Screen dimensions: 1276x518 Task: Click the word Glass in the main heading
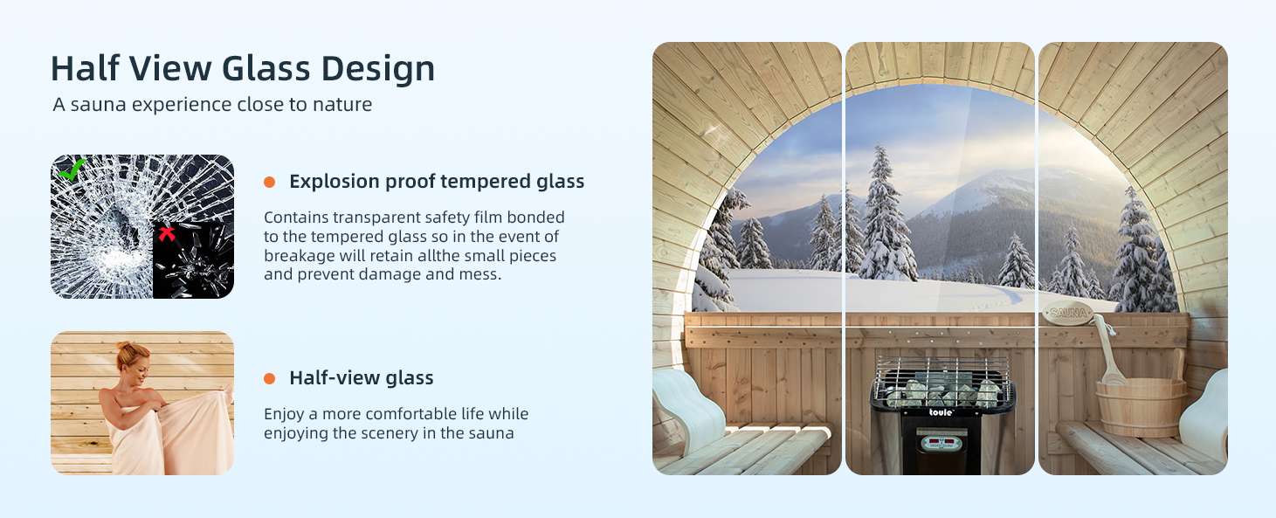266,68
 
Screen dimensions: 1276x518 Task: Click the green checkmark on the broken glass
72,169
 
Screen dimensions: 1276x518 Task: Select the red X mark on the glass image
166,233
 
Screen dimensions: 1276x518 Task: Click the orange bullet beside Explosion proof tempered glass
270,183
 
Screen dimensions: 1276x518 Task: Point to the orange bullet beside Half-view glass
270,378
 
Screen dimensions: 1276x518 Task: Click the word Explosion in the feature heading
335,181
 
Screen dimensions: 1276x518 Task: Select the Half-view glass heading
362,377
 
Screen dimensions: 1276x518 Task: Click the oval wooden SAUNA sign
1068,312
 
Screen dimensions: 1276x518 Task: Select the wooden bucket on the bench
1141,405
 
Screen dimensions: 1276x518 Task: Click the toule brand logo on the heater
941,412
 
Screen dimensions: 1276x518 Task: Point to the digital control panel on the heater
941,442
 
